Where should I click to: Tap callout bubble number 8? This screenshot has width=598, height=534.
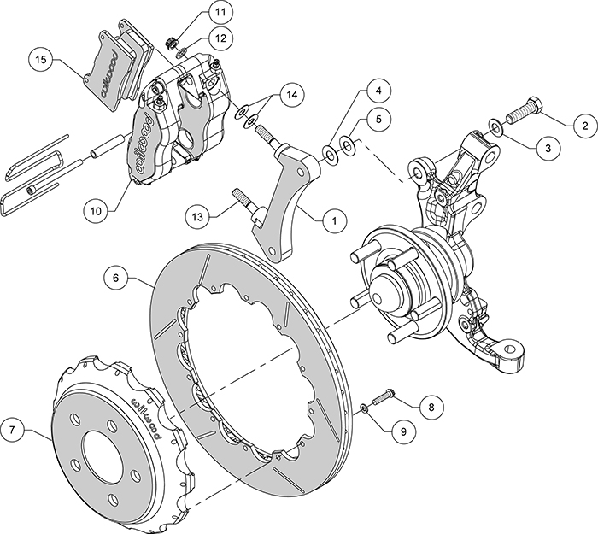(x=431, y=407)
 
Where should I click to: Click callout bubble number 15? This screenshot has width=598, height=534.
(x=40, y=60)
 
